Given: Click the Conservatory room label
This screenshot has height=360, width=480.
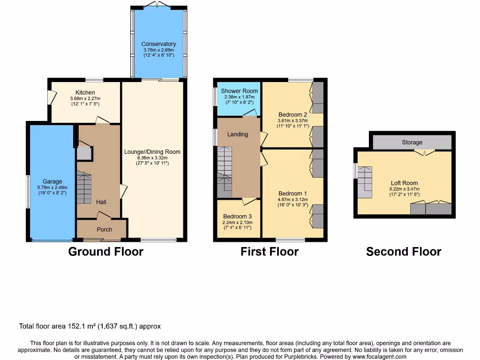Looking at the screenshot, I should (x=158, y=44).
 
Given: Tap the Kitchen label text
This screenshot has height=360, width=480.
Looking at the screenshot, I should (x=85, y=92).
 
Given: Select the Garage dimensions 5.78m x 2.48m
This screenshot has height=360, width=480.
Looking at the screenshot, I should (x=52, y=188).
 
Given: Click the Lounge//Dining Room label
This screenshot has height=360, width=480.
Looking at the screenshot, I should (x=152, y=152).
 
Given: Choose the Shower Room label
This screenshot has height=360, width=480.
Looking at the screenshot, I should (x=240, y=91).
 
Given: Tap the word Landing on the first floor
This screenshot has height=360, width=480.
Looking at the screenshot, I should (x=238, y=135).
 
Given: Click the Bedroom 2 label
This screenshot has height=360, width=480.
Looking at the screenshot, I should (x=293, y=114).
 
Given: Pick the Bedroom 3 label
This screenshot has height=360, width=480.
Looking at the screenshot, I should (x=238, y=217).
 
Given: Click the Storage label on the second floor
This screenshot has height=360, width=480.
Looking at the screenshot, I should (x=412, y=142).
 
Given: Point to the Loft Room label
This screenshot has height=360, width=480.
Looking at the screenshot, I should (x=404, y=183).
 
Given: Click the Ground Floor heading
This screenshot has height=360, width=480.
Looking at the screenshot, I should (x=105, y=252).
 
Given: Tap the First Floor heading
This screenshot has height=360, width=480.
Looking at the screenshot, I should (x=270, y=252).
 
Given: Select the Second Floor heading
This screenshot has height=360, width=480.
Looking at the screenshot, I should (x=404, y=252).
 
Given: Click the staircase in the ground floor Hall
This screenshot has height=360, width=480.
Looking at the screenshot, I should (x=84, y=187).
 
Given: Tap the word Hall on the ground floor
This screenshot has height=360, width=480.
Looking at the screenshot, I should (x=101, y=202).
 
